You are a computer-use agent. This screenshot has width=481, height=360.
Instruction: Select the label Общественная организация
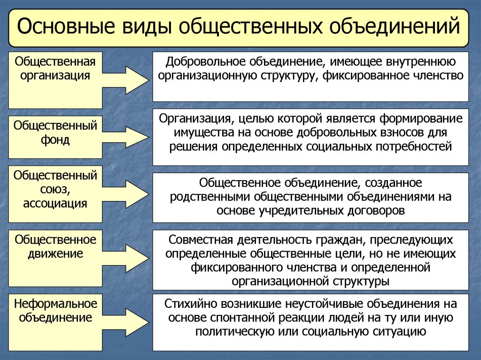coord(55,69)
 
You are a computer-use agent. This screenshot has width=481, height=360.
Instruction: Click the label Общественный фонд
coord(55,133)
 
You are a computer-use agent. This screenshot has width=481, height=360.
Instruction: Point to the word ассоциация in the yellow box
coord(55,203)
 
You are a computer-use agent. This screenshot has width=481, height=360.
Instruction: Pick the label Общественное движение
coord(55,247)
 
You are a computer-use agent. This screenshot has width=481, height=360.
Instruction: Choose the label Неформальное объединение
coord(55,310)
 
